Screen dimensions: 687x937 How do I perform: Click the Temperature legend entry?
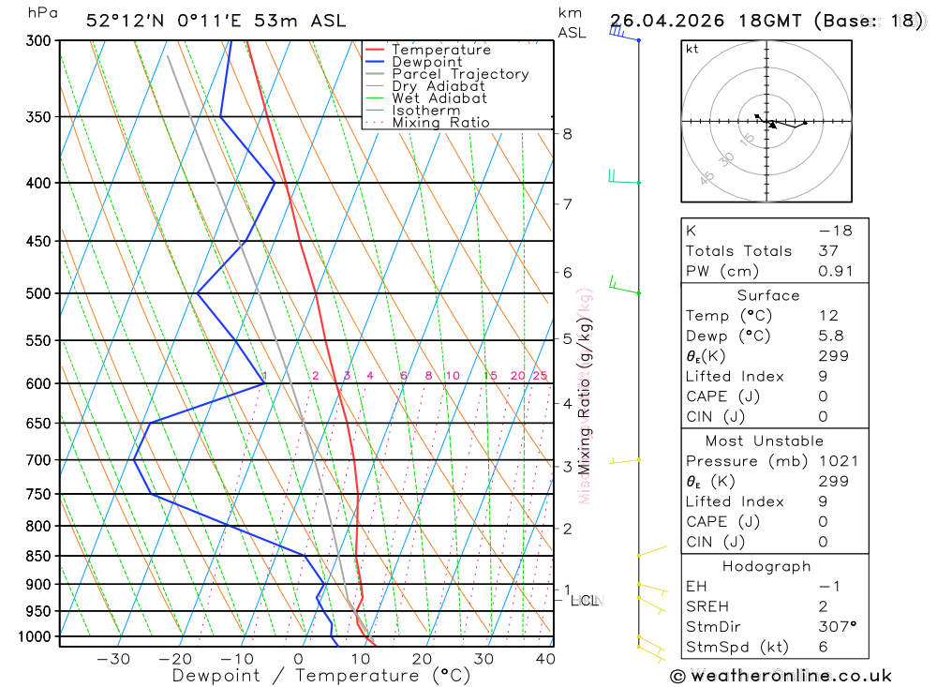(x=440, y=50)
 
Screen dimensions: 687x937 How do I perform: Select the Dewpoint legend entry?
(x=426, y=62)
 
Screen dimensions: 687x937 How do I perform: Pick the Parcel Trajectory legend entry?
(x=460, y=74)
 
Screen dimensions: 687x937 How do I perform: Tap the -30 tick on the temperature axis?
(x=113, y=659)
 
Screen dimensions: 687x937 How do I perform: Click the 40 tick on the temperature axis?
(x=543, y=659)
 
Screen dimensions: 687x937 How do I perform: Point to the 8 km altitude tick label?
(x=567, y=134)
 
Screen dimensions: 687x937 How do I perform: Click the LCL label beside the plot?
(x=585, y=600)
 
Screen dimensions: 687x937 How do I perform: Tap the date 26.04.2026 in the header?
(x=665, y=21)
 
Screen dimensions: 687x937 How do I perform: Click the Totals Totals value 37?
(x=828, y=251)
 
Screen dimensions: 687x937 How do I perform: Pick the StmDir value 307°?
(x=836, y=627)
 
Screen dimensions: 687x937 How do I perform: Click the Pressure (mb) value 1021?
(x=836, y=461)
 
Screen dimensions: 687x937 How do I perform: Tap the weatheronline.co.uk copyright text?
(x=781, y=676)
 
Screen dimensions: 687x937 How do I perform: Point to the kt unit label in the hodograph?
(x=692, y=49)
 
